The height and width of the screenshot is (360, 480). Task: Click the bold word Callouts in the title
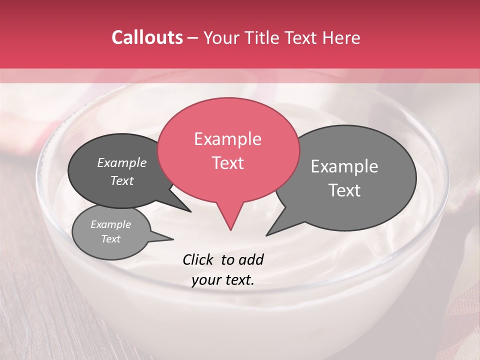[x=147, y=37]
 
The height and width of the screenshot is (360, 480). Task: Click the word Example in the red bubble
[x=227, y=139]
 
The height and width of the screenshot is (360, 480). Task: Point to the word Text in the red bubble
[x=227, y=163]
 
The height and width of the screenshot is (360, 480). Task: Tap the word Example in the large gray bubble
[x=344, y=166]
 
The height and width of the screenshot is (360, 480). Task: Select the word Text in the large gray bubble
[x=344, y=190]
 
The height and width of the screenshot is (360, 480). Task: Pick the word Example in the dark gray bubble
[x=121, y=163]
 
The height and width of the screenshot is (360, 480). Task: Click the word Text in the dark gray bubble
[x=121, y=181]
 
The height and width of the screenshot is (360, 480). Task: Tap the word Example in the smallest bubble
[x=110, y=225]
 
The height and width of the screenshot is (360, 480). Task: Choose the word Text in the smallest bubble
[x=110, y=239]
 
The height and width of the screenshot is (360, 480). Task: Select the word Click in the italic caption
[x=198, y=259]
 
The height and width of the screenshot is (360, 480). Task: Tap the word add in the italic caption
[x=251, y=259]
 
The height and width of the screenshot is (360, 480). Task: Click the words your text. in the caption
[x=222, y=280]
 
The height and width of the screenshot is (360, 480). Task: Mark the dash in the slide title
[x=193, y=38]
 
